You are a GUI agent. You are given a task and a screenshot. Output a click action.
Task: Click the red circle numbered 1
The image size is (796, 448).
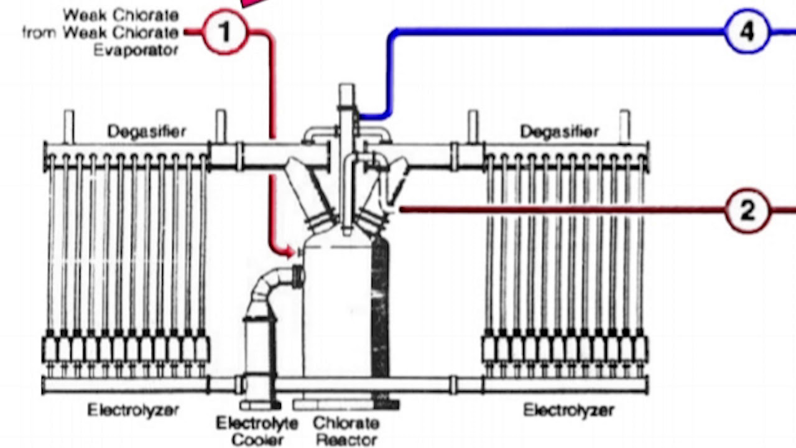click(x=224, y=32)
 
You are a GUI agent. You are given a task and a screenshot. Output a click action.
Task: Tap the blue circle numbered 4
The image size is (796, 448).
click(x=747, y=30)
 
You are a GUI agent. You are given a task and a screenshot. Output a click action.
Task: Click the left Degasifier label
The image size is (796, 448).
click(x=146, y=131)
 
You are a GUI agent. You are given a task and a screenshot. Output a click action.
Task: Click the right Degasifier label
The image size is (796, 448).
click(x=560, y=131)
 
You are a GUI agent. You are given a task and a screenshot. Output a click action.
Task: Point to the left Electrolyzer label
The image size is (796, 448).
click(x=133, y=410)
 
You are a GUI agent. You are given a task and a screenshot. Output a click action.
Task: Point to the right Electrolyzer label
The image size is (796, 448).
click(x=568, y=411)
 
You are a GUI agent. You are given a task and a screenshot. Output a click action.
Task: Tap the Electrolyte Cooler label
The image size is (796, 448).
click(x=257, y=431)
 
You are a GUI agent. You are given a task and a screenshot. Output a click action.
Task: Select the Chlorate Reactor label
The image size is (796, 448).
click(x=346, y=431)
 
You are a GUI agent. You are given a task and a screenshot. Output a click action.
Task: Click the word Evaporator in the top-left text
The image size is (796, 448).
click(x=136, y=50)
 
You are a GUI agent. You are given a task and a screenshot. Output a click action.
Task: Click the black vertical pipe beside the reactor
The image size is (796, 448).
click(x=380, y=311)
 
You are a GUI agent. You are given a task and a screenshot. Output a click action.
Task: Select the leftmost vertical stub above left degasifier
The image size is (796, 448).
click(x=68, y=126)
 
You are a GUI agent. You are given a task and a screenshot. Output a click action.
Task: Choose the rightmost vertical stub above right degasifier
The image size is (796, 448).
click(x=624, y=126)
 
